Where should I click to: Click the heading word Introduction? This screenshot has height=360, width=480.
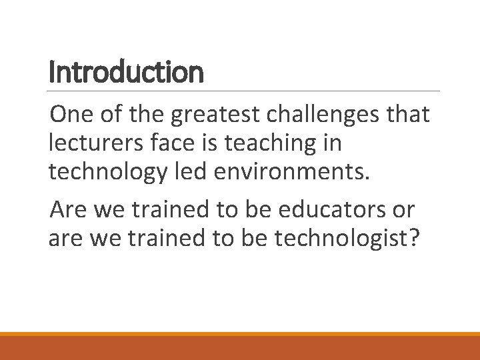coord(126,72)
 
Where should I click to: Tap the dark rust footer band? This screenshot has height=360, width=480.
coord(240,348)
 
